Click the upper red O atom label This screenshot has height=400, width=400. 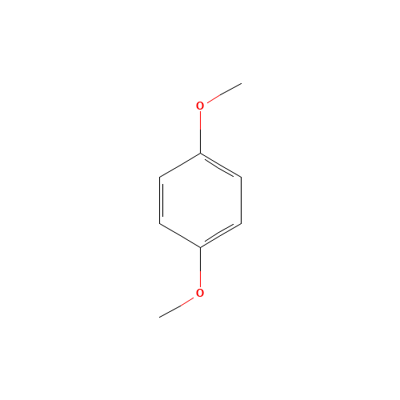(x=200, y=106)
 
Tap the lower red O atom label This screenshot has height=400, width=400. (x=200, y=294)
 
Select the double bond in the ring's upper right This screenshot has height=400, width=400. (x=220, y=165)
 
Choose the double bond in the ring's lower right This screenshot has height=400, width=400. (x=220, y=235)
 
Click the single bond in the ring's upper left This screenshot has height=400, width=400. (x=180, y=165)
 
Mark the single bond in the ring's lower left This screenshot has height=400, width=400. (x=180, y=235)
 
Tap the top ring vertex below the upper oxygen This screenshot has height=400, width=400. (x=200, y=153)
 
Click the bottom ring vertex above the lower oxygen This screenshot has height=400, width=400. (x=200, y=247)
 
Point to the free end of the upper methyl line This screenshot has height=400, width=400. (x=241, y=83)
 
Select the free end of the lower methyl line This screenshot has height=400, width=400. (x=160, y=317)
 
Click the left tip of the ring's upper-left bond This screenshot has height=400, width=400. (x=160, y=176)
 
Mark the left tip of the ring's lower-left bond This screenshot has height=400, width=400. (x=160, y=224)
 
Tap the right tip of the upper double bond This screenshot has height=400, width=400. (x=240, y=176)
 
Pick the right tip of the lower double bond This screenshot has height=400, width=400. (x=240, y=224)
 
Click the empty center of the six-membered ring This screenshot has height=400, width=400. (x=200, y=200)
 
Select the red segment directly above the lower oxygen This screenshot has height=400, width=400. (x=200, y=278)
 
